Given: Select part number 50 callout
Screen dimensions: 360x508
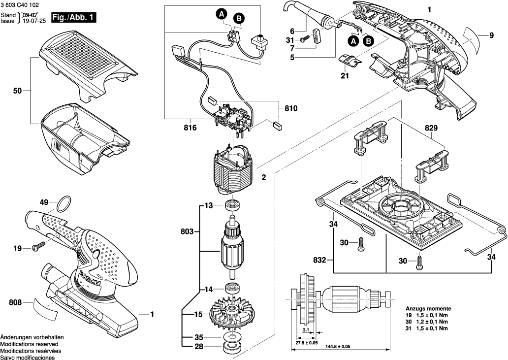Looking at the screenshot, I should [x=17, y=91].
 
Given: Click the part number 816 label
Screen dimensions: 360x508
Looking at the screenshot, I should [x=190, y=128].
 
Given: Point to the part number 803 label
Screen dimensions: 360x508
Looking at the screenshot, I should [x=188, y=231].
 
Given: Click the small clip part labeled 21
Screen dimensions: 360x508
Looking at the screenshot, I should [x=351, y=62].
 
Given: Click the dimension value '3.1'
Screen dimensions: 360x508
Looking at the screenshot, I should [x=306, y=329].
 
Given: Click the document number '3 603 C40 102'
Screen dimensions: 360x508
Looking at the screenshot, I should [x=20, y=4].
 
